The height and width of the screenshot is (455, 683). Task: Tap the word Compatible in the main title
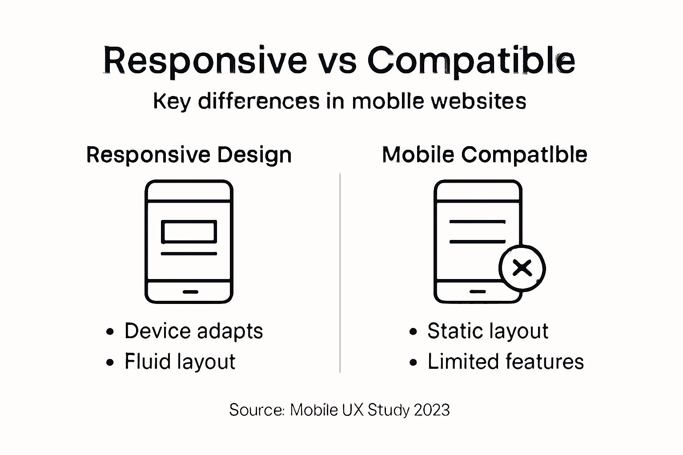[471, 61]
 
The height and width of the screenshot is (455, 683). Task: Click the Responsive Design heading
[189, 155]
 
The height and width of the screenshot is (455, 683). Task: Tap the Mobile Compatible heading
[485, 155]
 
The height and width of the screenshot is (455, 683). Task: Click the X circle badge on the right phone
[522, 268]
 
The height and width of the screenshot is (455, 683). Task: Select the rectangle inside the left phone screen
[189, 232]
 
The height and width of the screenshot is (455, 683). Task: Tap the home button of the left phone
[190, 292]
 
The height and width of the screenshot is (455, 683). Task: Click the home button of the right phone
[478, 292]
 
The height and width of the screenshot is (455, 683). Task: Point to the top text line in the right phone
[478, 221]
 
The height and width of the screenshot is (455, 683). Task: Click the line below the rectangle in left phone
[189, 254]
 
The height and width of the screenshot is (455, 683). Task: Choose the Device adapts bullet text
[193, 331]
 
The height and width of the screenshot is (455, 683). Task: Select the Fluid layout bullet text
[180, 362]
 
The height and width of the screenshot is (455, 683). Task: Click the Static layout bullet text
[488, 331]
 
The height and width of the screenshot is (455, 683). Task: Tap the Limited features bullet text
[506, 362]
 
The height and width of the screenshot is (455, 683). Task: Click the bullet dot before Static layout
[414, 332]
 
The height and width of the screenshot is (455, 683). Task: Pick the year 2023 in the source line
[432, 410]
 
